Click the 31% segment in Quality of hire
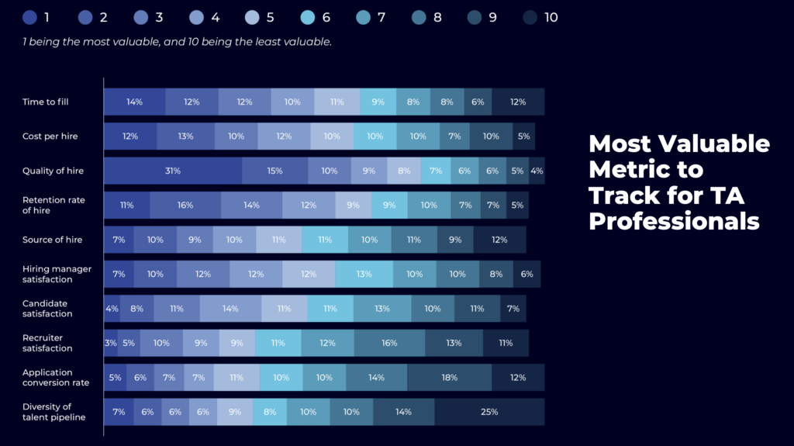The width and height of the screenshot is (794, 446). [172, 171]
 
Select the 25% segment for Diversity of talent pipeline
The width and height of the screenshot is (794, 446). [488, 412]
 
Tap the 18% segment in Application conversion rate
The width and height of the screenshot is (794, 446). [449, 378]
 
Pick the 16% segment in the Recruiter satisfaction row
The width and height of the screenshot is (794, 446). [389, 343]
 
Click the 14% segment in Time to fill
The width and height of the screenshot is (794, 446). [134, 102]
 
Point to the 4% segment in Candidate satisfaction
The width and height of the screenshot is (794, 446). [112, 309]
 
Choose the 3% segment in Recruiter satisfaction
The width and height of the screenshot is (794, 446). [111, 343]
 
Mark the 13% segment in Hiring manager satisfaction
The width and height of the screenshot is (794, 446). [364, 274]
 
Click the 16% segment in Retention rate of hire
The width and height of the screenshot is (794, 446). [185, 206]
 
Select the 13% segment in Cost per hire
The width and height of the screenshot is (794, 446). [185, 137]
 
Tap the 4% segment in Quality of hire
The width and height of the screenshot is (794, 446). [537, 171]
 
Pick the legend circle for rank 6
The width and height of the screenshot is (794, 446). [307, 17]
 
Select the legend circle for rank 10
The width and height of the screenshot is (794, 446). [529, 17]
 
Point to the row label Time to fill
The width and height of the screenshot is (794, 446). [46, 102]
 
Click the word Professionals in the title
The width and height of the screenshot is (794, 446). [674, 221]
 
